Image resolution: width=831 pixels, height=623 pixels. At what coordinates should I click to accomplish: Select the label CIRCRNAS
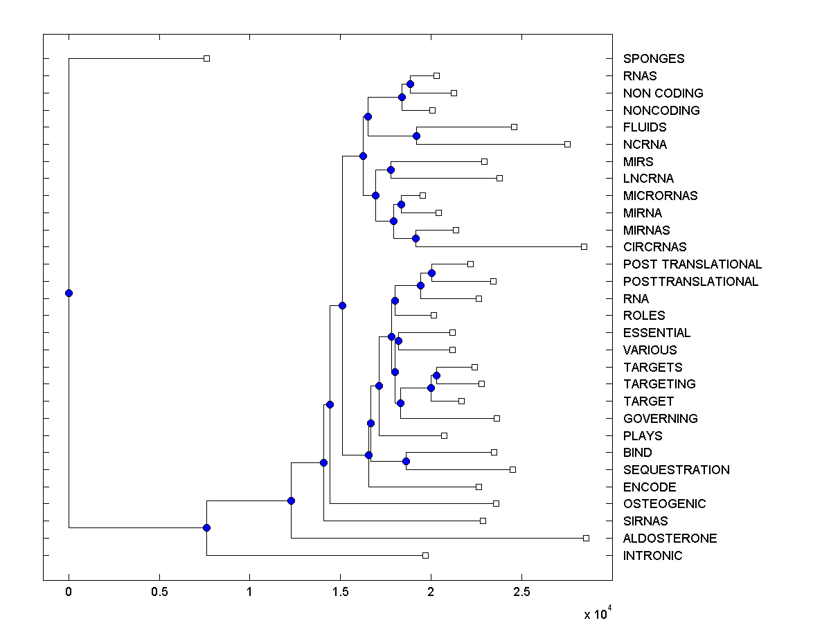[x=654, y=247]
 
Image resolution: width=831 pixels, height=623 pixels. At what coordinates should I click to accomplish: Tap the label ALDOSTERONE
[x=670, y=539]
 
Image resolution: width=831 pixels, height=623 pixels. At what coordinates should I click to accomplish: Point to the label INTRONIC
[x=652, y=556]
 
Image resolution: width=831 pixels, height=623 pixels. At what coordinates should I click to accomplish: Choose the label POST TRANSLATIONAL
[x=692, y=264]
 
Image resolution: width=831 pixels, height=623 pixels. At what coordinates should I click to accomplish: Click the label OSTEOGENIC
[x=664, y=504]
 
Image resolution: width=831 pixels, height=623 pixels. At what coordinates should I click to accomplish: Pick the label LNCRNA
[x=648, y=179]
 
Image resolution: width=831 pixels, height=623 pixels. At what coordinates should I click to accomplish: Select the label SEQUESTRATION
[x=676, y=470]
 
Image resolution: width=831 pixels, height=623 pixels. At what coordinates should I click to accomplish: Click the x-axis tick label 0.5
[x=159, y=591]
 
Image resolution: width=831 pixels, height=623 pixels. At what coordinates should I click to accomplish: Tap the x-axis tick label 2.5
[x=521, y=591]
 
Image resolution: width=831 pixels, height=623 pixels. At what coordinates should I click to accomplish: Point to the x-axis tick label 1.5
[x=340, y=591]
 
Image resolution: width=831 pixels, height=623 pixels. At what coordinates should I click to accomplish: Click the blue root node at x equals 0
[x=69, y=293]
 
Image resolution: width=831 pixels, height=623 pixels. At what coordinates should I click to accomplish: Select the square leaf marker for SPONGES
[x=206, y=58]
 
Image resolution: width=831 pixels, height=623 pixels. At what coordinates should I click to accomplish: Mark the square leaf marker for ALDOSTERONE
[x=586, y=538]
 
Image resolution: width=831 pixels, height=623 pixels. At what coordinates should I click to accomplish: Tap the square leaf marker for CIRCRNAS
[x=584, y=246]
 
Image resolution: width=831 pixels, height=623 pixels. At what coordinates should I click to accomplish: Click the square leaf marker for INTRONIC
[x=425, y=555]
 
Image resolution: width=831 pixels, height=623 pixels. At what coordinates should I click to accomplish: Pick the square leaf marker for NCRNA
[x=567, y=144]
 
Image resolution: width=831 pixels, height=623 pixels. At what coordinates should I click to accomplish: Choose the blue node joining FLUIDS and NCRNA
[x=416, y=136]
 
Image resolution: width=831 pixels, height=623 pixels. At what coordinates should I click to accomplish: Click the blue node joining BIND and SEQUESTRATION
[x=406, y=461]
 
